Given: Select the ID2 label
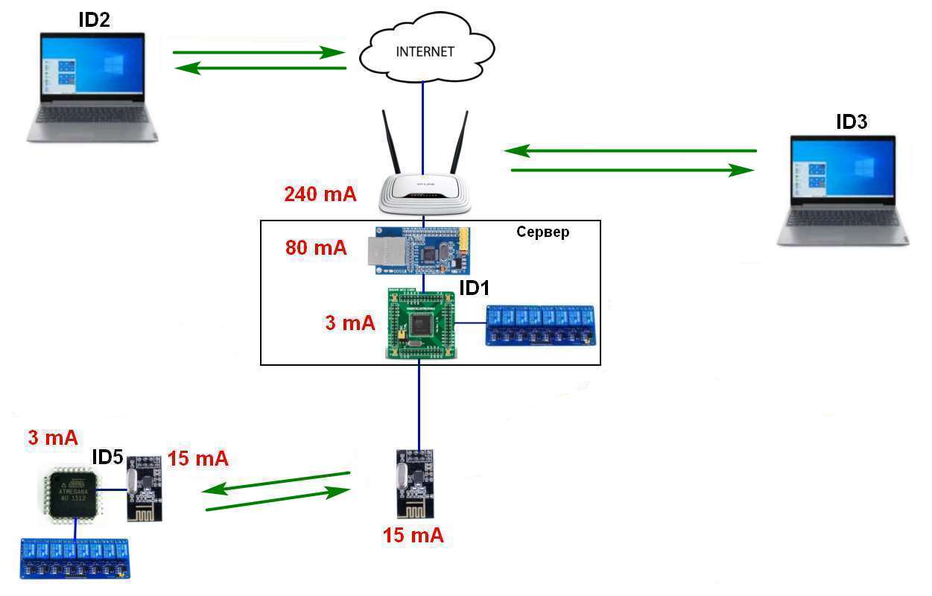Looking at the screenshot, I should pyautogui.click(x=94, y=20).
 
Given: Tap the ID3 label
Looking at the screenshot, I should pyautogui.click(x=852, y=122).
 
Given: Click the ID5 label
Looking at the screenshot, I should pyautogui.click(x=107, y=457).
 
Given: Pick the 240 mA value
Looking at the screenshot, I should pyautogui.click(x=320, y=194).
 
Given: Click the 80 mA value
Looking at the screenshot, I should pyautogui.click(x=316, y=247).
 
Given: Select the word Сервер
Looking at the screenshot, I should pyautogui.click(x=542, y=232).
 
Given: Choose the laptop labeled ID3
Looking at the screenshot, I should pyautogui.click(x=843, y=189).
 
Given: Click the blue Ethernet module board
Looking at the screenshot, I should pyautogui.click(x=421, y=250).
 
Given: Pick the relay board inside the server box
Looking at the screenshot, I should pyautogui.click(x=539, y=325).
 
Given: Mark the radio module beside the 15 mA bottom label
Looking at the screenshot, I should pyautogui.click(x=415, y=483).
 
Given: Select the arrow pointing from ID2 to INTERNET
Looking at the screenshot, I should pyautogui.click(x=258, y=53).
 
